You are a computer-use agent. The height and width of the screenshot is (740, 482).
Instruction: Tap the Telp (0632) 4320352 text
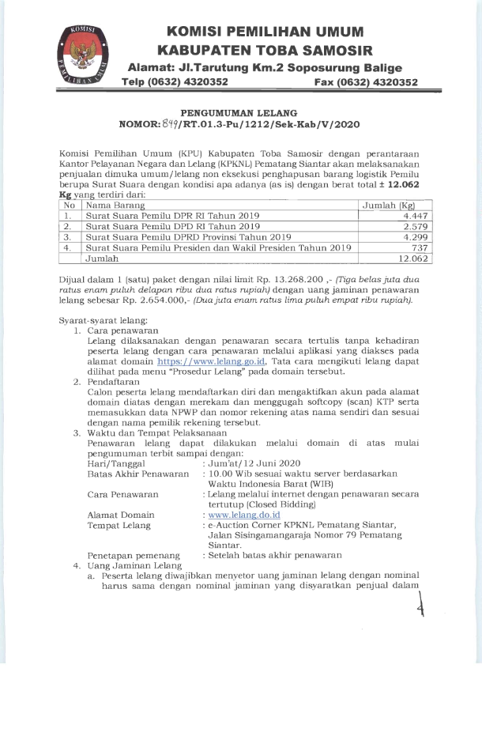(x=180, y=81)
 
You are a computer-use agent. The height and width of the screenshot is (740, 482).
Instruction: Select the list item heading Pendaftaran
(x=113, y=381)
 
